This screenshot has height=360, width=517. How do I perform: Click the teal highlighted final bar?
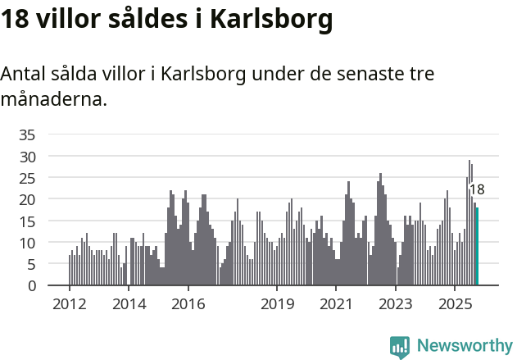click(477, 246)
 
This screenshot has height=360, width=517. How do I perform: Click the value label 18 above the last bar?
click(476, 189)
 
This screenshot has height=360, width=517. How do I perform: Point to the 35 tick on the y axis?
click(27, 134)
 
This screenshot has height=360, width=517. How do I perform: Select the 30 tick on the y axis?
click(27, 156)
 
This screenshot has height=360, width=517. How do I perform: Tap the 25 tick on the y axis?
click(27, 178)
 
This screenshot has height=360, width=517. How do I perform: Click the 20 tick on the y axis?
click(27, 199)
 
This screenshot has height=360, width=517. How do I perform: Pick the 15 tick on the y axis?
click(27, 221)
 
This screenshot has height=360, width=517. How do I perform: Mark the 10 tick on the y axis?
click(27, 243)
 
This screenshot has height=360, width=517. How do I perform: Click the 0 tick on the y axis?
click(31, 286)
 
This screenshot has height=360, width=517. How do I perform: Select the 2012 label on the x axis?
click(69, 305)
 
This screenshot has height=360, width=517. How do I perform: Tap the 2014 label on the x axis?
click(129, 305)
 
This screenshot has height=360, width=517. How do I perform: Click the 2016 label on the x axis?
click(188, 305)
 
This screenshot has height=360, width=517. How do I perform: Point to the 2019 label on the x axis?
click(277, 305)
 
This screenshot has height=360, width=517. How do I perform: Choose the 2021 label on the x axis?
click(336, 305)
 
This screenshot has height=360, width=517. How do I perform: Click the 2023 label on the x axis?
click(396, 305)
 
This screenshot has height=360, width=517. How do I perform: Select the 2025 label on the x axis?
click(455, 305)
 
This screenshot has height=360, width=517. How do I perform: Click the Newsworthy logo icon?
click(400, 347)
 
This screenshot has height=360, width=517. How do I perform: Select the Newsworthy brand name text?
click(465, 347)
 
